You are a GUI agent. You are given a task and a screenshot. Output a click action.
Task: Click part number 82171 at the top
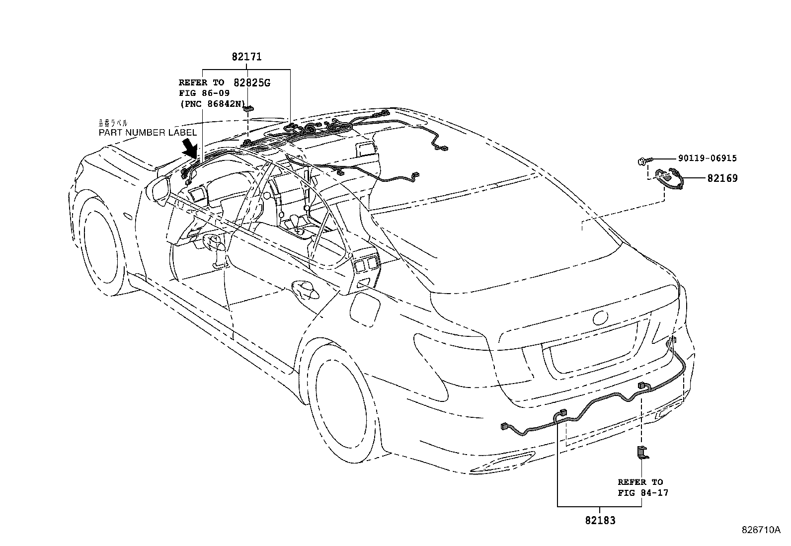pyautogui.click(x=246, y=57)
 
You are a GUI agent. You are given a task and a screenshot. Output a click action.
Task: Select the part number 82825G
pyautogui.click(x=251, y=82)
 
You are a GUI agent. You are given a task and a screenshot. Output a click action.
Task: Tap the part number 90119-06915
pyautogui.click(x=707, y=158)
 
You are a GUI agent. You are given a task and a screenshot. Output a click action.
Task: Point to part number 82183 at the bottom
pyautogui.click(x=600, y=521)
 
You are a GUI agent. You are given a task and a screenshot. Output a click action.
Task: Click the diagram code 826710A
pyautogui.click(x=761, y=530)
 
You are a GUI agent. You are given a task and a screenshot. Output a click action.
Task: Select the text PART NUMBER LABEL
pyautogui.click(x=148, y=133)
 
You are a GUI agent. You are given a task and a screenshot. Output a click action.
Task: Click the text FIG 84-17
pyautogui.click(x=643, y=493)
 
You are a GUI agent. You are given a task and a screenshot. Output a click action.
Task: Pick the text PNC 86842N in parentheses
pyautogui.click(x=213, y=103)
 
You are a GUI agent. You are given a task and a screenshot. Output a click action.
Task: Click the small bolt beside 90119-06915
pyautogui.click(x=642, y=160)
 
